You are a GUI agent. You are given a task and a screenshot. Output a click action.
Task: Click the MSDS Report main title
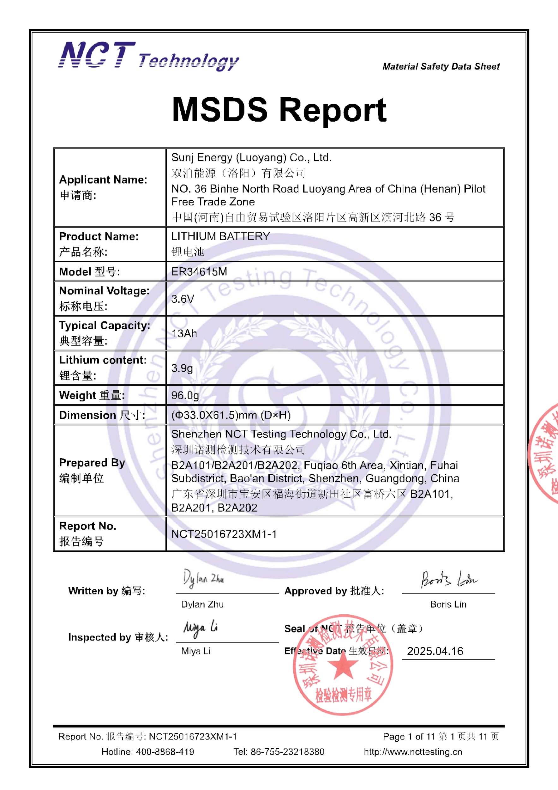[x=279, y=110]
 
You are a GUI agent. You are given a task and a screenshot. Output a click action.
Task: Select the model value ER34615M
[x=199, y=272]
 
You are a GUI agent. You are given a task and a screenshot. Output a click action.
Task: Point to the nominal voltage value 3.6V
[x=183, y=299]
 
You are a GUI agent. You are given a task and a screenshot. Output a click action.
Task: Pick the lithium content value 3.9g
[x=182, y=368]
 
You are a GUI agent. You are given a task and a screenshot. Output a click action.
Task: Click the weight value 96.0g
[x=185, y=395]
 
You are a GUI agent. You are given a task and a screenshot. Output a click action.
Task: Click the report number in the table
[x=224, y=534]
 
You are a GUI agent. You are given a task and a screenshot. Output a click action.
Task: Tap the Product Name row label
[x=99, y=236]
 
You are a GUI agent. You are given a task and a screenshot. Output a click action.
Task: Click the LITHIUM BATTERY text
[x=221, y=236]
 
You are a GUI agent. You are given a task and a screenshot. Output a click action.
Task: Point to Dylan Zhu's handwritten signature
[x=203, y=579]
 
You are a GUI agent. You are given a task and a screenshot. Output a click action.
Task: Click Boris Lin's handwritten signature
[x=449, y=580]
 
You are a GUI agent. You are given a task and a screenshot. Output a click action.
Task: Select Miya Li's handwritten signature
[x=201, y=629]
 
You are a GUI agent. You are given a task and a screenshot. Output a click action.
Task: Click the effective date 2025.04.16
[x=435, y=651]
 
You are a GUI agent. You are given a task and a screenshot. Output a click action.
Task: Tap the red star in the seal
[x=343, y=666]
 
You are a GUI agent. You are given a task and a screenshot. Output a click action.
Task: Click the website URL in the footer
[x=413, y=752]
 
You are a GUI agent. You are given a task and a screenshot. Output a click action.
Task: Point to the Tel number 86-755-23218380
[x=287, y=752]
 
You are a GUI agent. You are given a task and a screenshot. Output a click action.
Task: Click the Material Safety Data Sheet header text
[x=441, y=66]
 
